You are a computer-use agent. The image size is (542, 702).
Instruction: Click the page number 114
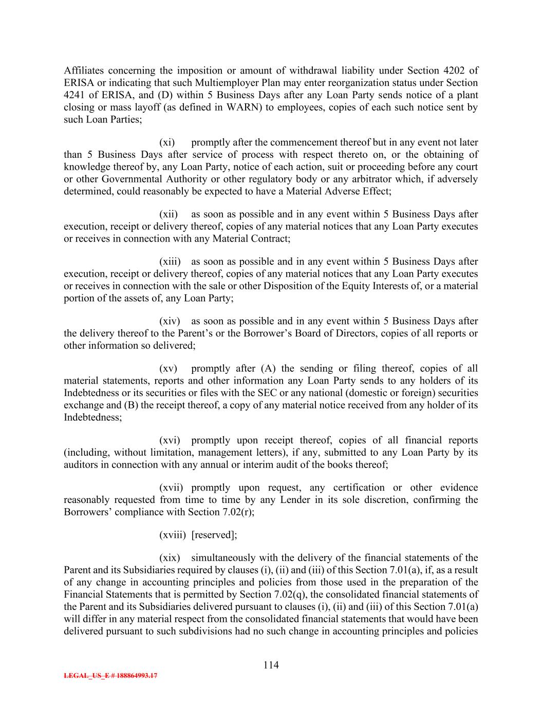click(271, 665)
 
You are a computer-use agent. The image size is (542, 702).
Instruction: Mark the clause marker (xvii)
click(171, 488)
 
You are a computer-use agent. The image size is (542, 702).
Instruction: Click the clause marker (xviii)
click(172, 535)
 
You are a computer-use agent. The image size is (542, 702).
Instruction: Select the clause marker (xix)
click(170, 558)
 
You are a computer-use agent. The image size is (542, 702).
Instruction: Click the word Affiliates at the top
click(84, 70)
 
